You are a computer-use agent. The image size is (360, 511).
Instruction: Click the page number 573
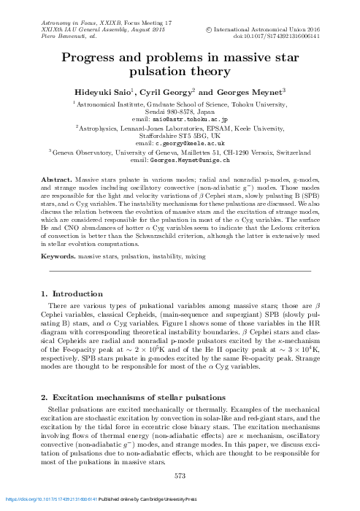[x=180, y=475]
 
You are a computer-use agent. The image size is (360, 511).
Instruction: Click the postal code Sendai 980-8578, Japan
[x=180, y=111]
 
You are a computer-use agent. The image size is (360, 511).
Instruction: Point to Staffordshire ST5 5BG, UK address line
[x=180, y=137]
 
